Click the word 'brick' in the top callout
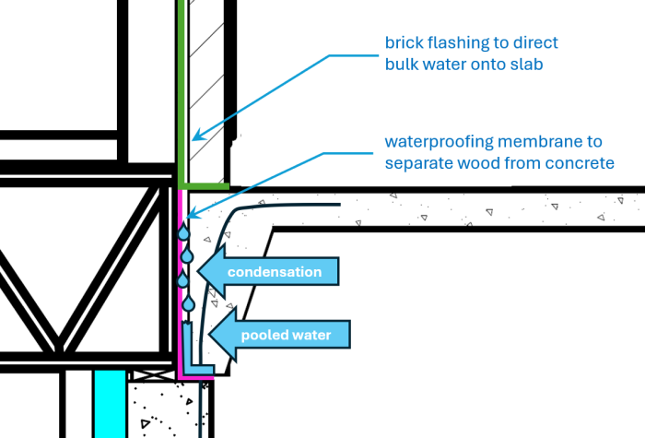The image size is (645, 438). pyautogui.click(x=405, y=43)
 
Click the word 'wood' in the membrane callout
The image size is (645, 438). pyautogui.click(x=481, y=163)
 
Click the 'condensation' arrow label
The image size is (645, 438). pyautogui.click(x=274, y=272)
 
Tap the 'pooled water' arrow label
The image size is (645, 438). pyautogui.click(x=285, y=335)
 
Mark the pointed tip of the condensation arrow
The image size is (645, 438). pyautogui.click(x=202, y=271)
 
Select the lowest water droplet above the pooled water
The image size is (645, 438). pyautogui.click(x=189, y=302)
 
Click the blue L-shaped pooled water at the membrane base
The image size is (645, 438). pyautogui.click(x=189, y=355)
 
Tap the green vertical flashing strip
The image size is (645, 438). pyautogui.click(x=182, y=92)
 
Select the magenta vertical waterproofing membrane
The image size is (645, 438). pyautogui.click(x=178, y=277)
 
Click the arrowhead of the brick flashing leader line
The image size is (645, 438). pyautogui.click(x=193, y=139)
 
